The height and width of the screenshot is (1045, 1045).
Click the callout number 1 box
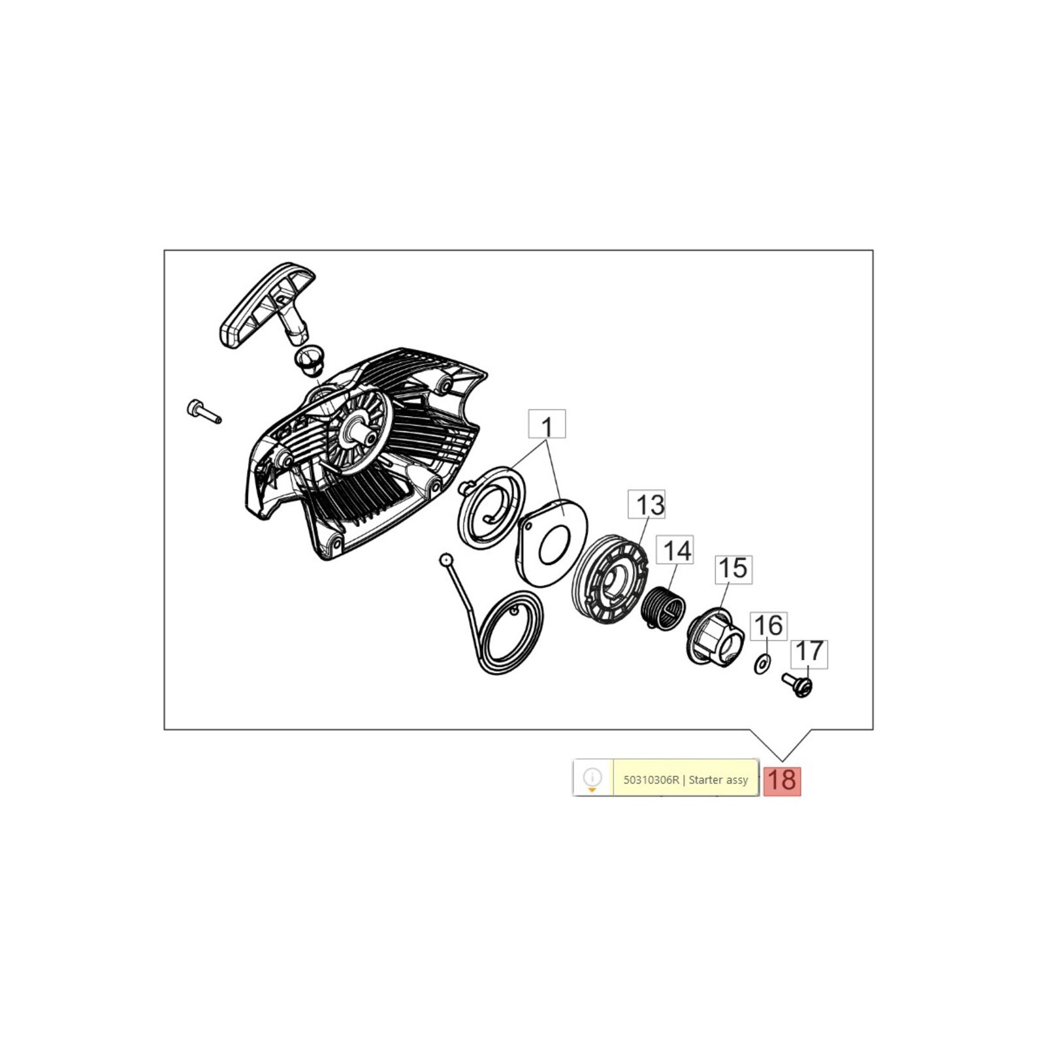coord(547,424)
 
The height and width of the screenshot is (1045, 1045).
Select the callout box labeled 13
coord(647,504)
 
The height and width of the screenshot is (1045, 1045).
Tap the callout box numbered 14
coord(675,551)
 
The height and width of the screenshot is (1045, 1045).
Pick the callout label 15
coord(733,569)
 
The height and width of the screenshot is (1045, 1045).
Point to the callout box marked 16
coord(769,626)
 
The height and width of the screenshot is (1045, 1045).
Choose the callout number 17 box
coord(809,654)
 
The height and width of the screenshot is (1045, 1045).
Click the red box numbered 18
coord(782,780)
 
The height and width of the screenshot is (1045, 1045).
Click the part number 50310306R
coord(651,780)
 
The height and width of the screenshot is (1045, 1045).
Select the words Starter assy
coord(718,780)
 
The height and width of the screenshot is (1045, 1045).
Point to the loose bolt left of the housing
coord(204,411)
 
